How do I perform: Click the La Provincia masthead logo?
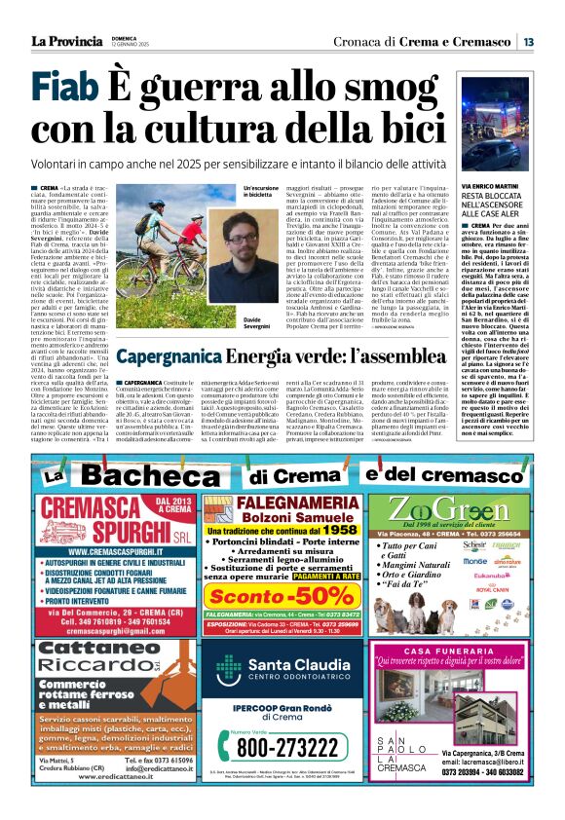click(65, 41)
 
